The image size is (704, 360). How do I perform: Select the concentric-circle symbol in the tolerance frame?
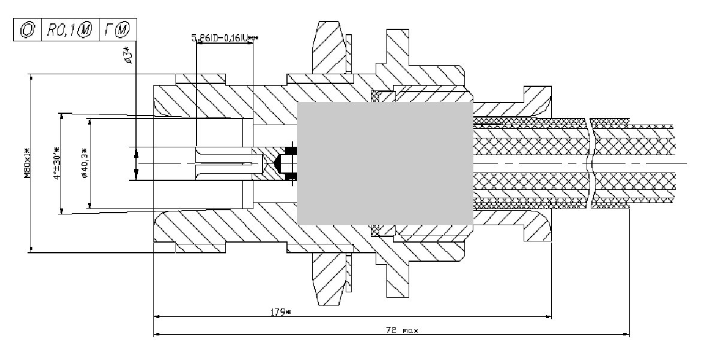(26, 28)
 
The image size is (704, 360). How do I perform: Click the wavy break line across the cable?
(592, 163)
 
